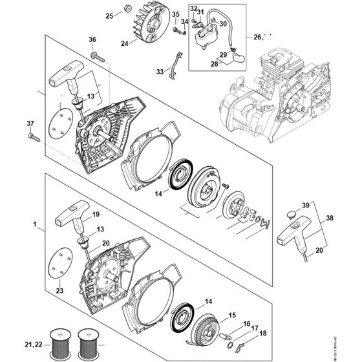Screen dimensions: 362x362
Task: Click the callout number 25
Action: click(109, 15)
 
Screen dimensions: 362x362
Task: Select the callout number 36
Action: click(92, 40)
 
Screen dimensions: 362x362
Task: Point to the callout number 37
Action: click(29, 123)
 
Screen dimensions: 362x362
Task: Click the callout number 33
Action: click(159, 72)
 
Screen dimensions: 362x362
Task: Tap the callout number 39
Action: click(304, 205)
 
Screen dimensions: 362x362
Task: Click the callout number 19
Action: click(96, 213)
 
